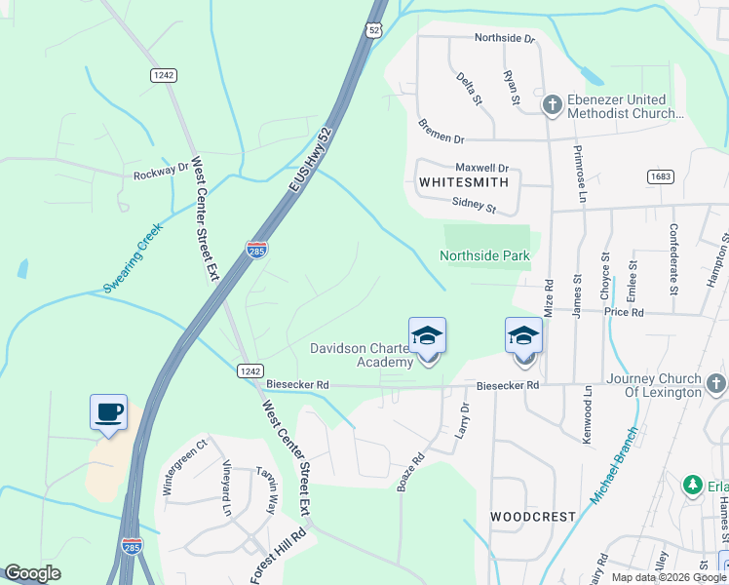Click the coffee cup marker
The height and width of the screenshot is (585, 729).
click(x=108, y=410)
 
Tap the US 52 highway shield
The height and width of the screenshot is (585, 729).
click(x=375, y=32)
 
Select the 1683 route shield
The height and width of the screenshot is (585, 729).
click(x=660, y=176)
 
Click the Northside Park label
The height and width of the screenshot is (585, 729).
click(x=484, y=256)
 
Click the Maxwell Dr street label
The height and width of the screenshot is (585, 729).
click(x=482, y=169)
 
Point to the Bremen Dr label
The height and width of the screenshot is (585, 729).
click(x=441, y=132)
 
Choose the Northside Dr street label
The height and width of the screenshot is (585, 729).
click(x=505, y=39)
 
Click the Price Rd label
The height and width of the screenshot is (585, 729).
click(x=624, y=312)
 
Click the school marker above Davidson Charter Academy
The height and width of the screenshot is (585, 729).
click(x=427, y=335)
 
